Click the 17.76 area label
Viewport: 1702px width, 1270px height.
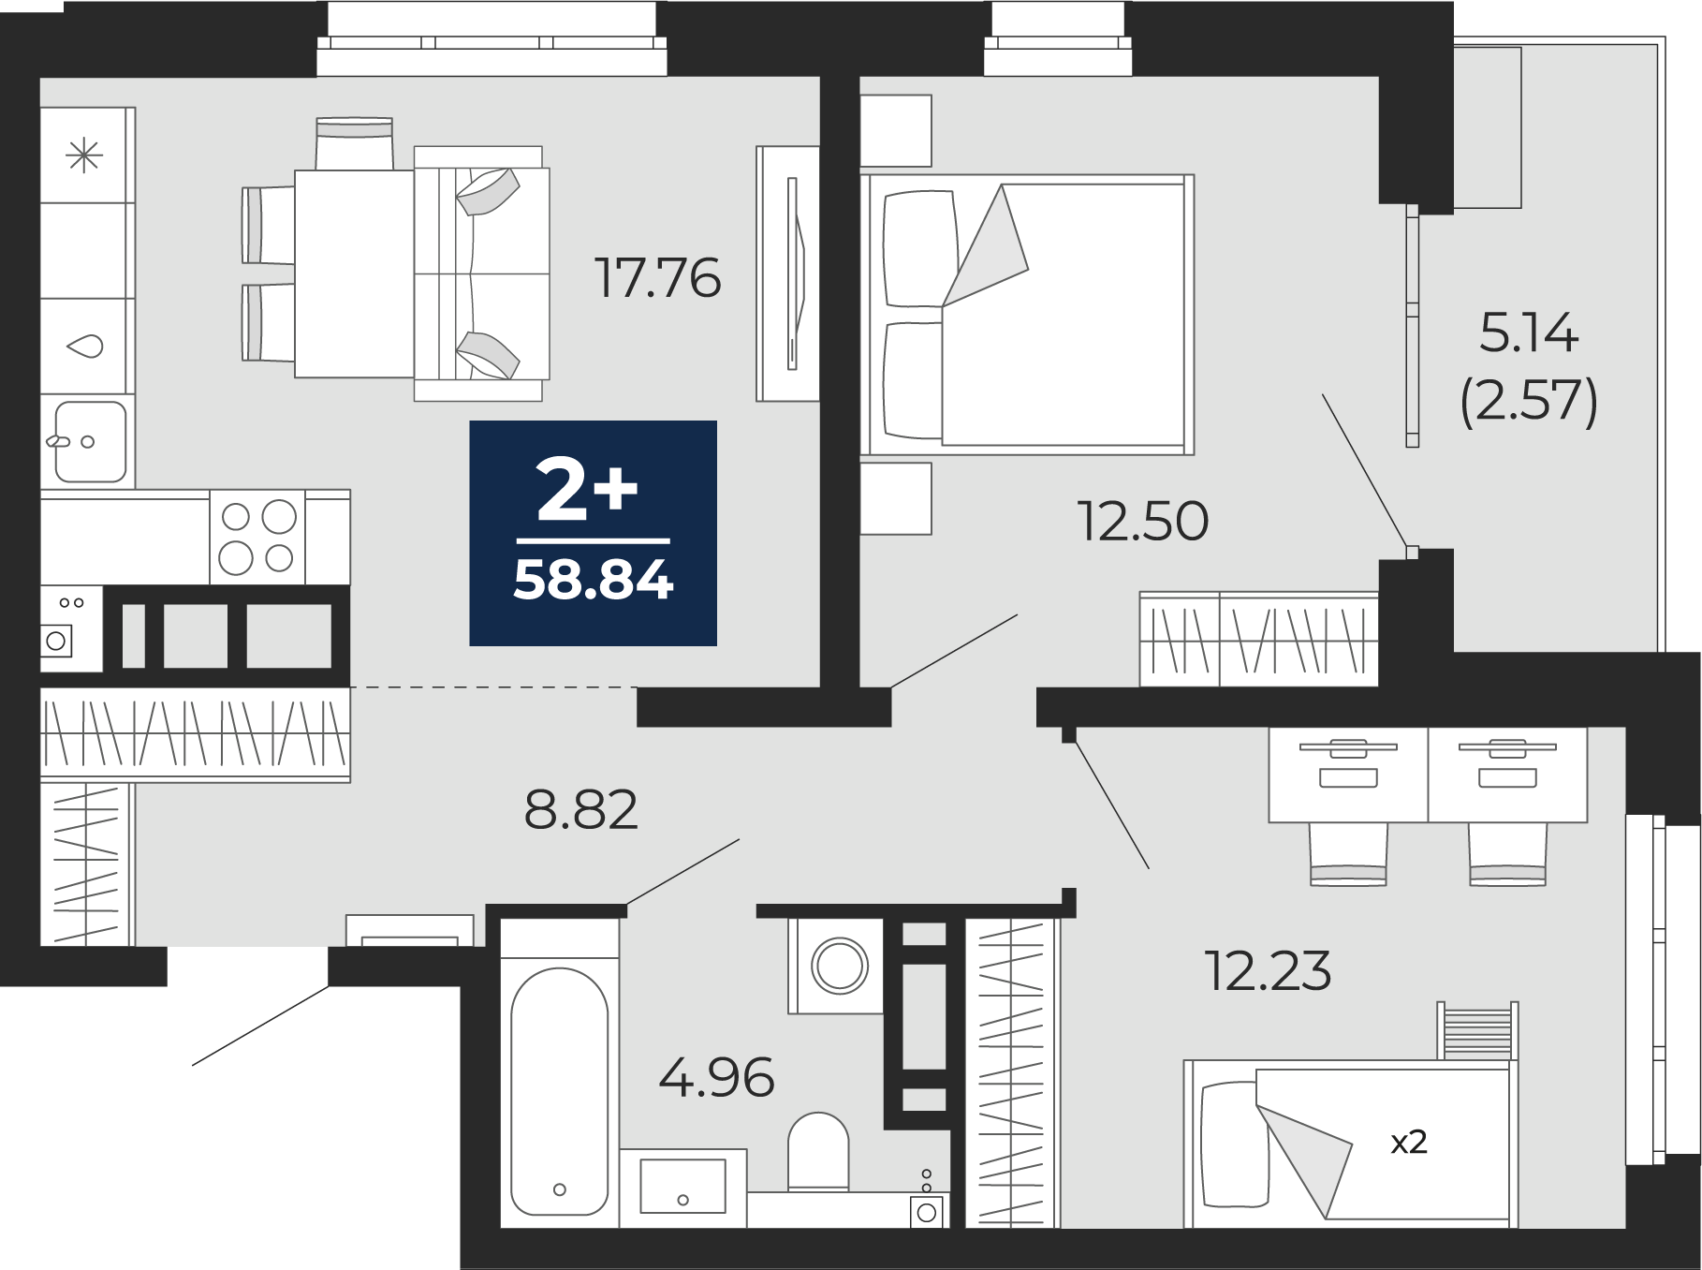[x=658, y=278]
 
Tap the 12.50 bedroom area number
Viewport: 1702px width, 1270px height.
[x=1143, y=521]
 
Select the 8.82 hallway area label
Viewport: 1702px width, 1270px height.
[x=580, y=810]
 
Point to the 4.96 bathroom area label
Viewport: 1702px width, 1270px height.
[x=716, y=1077]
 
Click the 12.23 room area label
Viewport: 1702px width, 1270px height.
[x=1269, y=970]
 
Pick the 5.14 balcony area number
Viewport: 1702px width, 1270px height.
[x=1529, y=332]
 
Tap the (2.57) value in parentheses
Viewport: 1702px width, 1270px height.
[x=1529, y=401]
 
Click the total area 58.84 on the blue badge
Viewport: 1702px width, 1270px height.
[x=594, y=580]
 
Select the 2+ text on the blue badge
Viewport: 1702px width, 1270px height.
[x=587, y=490]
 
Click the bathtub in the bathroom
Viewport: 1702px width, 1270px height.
[x=560, y=1091]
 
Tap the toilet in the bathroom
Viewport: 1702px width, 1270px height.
[x=818, y=1152]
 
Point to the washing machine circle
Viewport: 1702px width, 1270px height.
[x=839, y=966]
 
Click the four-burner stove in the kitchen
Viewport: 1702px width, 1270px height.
[x=257, y=538]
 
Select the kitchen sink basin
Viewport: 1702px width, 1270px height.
[x=90, y=441]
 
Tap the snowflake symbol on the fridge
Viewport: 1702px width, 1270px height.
[x=84, y=155]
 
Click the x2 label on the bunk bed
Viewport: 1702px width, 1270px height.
[x=1408, y=1142]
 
